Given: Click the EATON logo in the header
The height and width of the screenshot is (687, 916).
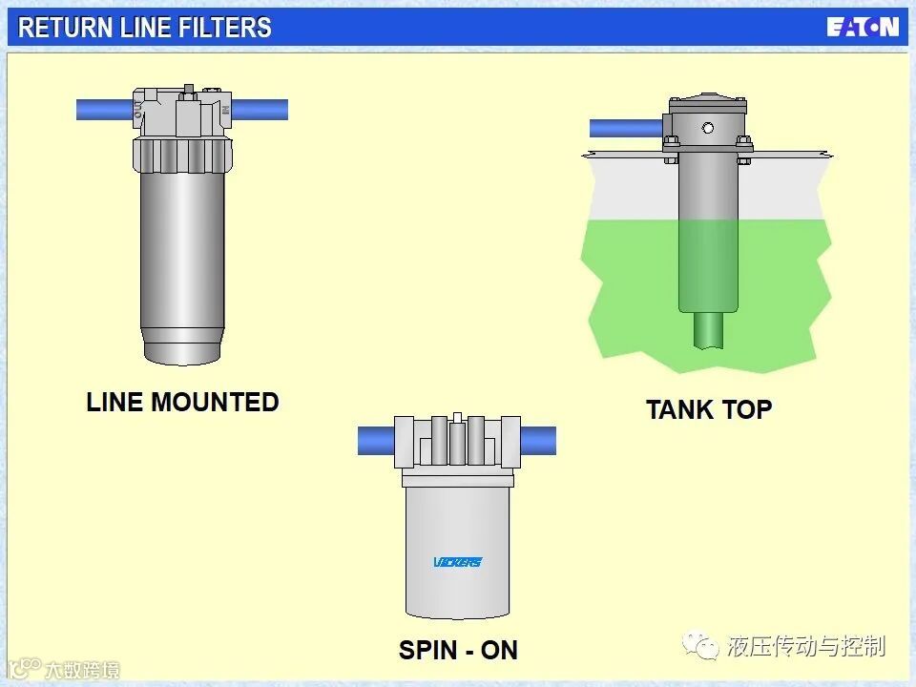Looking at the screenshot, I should (863, 27).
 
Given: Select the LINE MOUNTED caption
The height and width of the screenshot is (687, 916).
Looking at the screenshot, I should (182, 402).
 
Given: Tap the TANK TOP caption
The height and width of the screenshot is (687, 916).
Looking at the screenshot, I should (709, 409).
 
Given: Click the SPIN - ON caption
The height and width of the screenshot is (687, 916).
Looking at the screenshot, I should (458, 651).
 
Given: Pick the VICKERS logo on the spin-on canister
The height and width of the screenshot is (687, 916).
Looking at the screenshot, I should (458, 561).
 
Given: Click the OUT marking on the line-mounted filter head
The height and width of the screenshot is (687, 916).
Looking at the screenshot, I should (139, 109).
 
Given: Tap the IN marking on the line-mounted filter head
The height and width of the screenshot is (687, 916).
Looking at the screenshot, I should (225, 109).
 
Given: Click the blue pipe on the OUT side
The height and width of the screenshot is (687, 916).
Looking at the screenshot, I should (103, 110).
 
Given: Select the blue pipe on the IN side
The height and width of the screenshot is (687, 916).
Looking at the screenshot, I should (260, 110).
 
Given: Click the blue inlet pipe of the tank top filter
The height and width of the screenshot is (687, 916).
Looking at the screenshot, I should (625, 128).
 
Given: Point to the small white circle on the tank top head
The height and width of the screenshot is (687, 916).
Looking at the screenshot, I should (707, 128).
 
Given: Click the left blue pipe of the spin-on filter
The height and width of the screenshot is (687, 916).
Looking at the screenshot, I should (376, 441).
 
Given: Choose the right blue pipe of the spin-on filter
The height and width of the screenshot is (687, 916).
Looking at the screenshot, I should (538, 441).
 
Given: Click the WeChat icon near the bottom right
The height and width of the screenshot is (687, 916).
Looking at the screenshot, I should (704, 646).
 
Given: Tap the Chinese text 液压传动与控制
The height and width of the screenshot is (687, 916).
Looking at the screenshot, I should (805, 646).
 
